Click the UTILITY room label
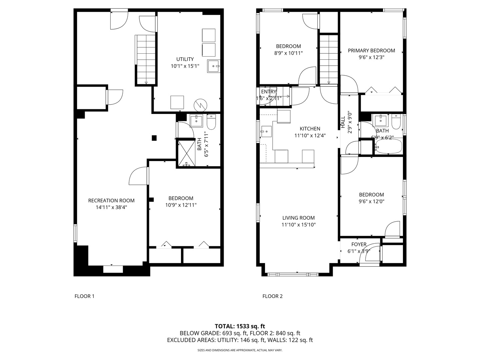[185, 59]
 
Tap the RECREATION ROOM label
[111, 200]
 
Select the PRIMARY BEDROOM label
[371, 51]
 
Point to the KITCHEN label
[310, 129]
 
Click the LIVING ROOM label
[298, 218]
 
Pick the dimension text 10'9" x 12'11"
[181, 205]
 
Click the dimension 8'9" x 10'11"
[288, 53]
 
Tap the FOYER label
[359, 244]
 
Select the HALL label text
[343, 122]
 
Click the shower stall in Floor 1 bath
[187, 153]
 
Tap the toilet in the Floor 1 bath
[211, 122]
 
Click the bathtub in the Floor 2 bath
[388, 147]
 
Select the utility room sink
[213, 66]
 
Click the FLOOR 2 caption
[272, 296]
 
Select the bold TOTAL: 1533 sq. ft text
[240, 326]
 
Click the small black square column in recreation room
[154, 137]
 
